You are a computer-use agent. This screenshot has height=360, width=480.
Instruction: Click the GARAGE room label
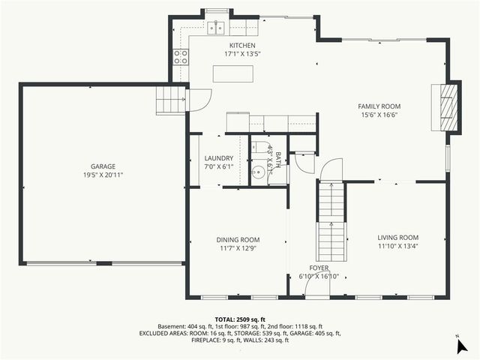point(103,166)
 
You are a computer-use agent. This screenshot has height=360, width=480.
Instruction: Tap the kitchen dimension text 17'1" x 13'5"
point(242,54)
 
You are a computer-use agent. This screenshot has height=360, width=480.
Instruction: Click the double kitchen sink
point(217,28)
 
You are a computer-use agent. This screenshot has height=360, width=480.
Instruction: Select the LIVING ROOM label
point(397,237)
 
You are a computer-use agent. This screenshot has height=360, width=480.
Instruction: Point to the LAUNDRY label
point(219,158)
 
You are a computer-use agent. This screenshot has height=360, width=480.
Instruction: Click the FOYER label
point(319,268)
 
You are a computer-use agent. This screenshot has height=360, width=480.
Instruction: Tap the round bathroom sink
point(258,172)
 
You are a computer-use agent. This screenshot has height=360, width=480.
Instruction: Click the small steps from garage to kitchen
point(170,98)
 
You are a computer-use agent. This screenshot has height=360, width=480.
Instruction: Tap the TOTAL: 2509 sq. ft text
point(240,319)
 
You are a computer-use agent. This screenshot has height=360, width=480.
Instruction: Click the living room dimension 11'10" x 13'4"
point(397,245)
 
